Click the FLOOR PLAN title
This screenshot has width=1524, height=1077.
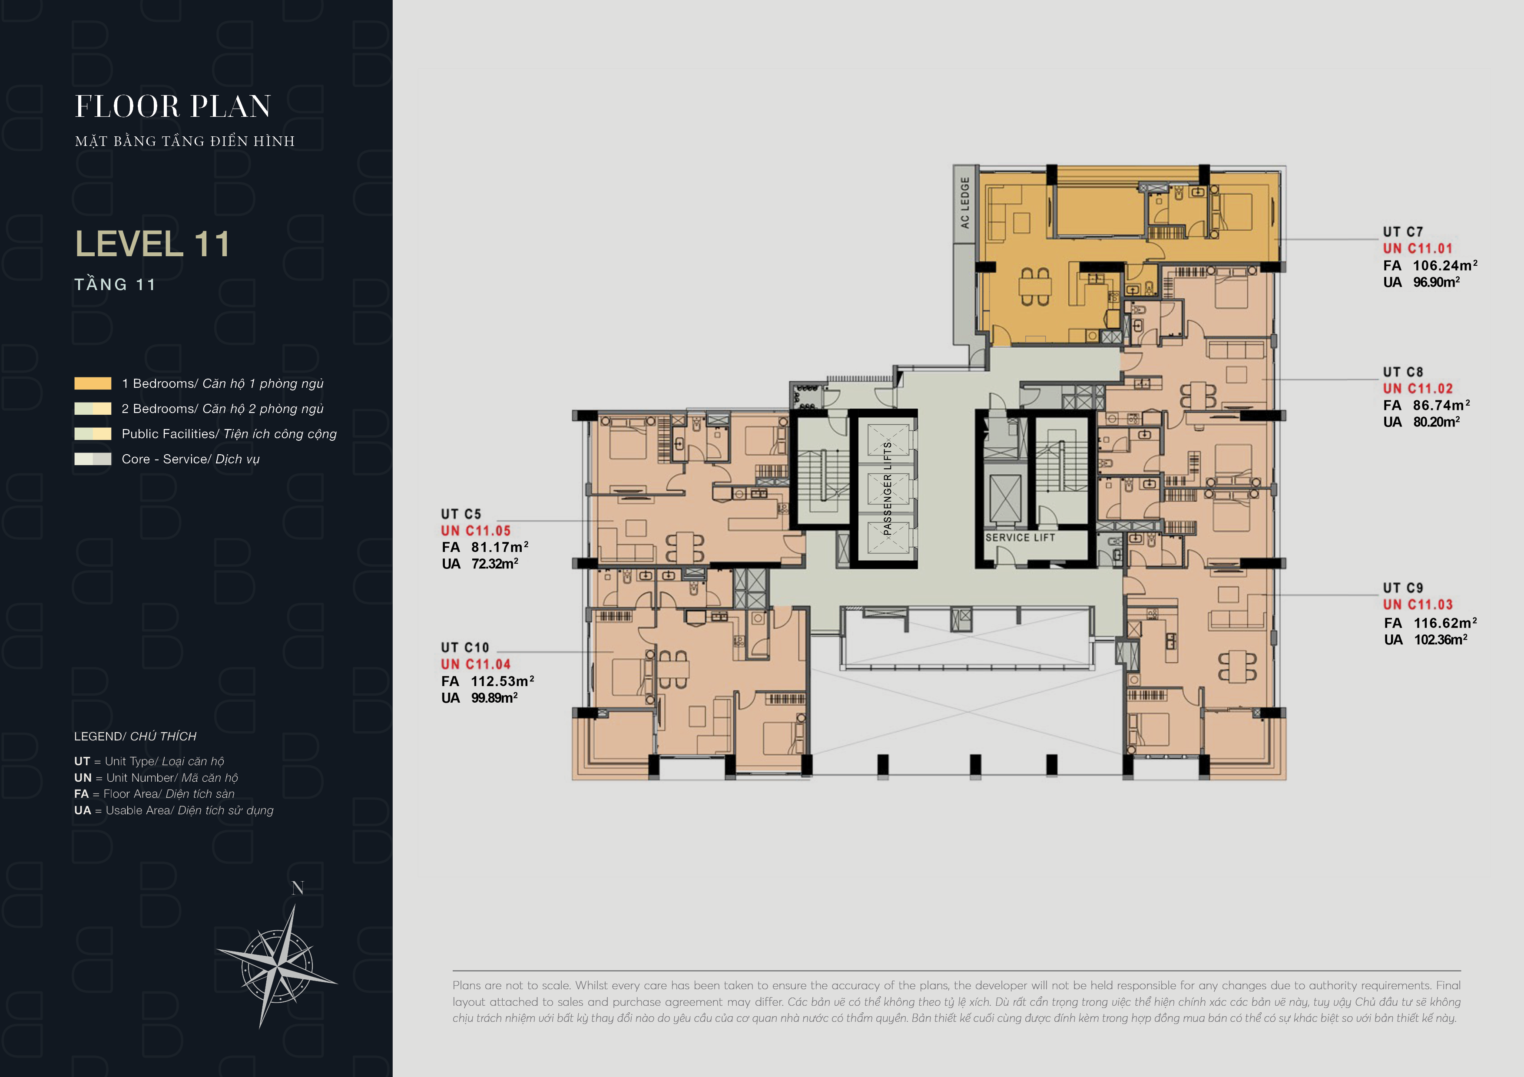[x=173, y=106]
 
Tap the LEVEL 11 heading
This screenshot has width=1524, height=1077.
[x=152, y=244]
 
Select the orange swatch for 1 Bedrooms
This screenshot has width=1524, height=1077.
[x=93, y=383]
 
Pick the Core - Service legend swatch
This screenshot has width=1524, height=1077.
[x=93, y=459]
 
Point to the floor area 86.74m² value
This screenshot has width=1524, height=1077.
[x=1441, y=405]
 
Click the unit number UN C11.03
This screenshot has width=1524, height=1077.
[x=1418, y=605]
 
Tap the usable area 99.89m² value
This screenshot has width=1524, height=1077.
[x=494, y=697]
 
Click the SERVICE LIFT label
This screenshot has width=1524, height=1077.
[x=1020, y=538]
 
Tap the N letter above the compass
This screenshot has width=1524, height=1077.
[x=298, y=888]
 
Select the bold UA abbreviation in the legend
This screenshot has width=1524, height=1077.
[x=82, y=810]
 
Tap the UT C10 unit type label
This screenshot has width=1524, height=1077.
[x=465, y=648]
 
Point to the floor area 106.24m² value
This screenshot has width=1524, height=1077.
[x=1445, y=265]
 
